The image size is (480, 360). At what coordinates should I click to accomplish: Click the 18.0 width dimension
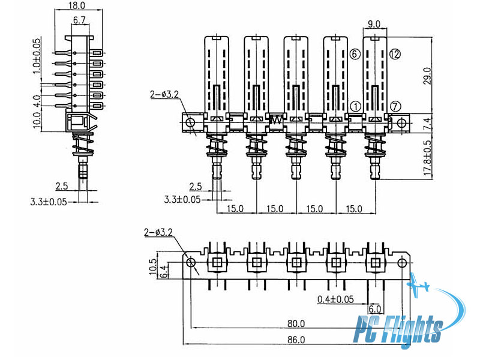77,5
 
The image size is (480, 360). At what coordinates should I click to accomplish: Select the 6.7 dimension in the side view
79,20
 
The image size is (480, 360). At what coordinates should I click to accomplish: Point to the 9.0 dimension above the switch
373,24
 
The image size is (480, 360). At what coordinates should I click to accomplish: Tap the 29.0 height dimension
427,76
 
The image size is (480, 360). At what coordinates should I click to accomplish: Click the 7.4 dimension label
428,124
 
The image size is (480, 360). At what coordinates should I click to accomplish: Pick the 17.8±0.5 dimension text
428,158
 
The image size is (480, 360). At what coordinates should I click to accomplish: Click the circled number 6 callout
355,54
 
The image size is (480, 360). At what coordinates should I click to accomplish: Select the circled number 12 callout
395,54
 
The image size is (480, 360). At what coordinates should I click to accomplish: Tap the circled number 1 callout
355,107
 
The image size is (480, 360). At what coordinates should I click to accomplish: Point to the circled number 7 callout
395,107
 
